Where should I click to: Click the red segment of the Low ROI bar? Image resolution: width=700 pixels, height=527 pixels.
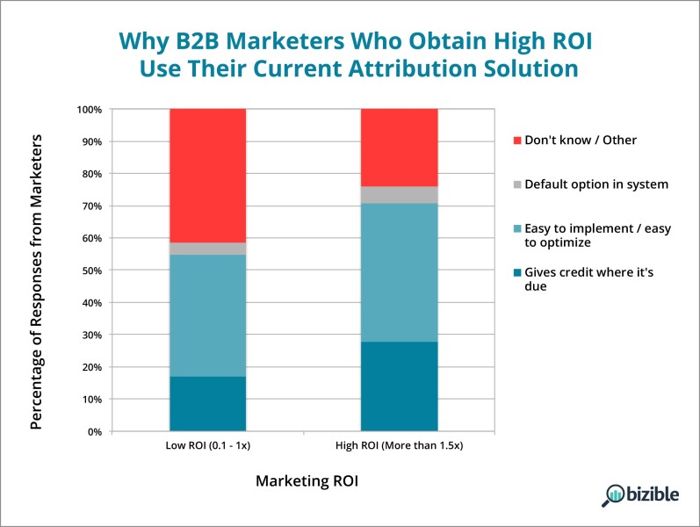coord(207,176)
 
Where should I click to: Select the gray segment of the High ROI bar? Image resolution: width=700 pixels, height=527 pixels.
coord(399,195)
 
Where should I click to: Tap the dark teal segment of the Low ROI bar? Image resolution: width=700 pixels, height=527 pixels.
coord(207,404)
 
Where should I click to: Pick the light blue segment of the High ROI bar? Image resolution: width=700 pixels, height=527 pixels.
coord(399,273)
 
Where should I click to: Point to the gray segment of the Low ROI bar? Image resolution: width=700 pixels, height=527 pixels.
coord(207,249)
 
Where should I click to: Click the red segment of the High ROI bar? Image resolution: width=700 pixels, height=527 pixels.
coord(399,148)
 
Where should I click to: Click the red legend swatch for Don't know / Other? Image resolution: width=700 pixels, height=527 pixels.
coord(517,141)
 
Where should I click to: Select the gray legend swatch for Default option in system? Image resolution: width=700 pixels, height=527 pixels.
coord(517,184)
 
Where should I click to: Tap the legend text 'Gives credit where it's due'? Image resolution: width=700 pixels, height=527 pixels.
coord(588,279)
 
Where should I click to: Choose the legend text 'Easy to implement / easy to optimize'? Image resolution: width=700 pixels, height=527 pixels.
coord(598,235)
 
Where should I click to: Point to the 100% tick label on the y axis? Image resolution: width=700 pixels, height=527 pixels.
coord(90,110)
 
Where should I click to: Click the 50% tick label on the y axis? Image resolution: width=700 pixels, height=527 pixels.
coord(92,271)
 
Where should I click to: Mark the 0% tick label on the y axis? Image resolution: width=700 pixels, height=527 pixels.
coord(95,432)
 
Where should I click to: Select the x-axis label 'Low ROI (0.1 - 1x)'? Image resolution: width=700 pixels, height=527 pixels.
coord(208,445)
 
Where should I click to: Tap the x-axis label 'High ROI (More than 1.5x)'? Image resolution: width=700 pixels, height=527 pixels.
coord(399,445)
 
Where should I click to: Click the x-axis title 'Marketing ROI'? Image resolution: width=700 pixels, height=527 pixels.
coord(307,481)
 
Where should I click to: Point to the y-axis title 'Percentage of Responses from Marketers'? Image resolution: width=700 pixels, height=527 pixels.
coord(36,282)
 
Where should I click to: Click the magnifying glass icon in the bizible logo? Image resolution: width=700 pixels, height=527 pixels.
coord(612,495)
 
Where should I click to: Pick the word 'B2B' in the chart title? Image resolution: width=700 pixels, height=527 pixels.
coord(197,41)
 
